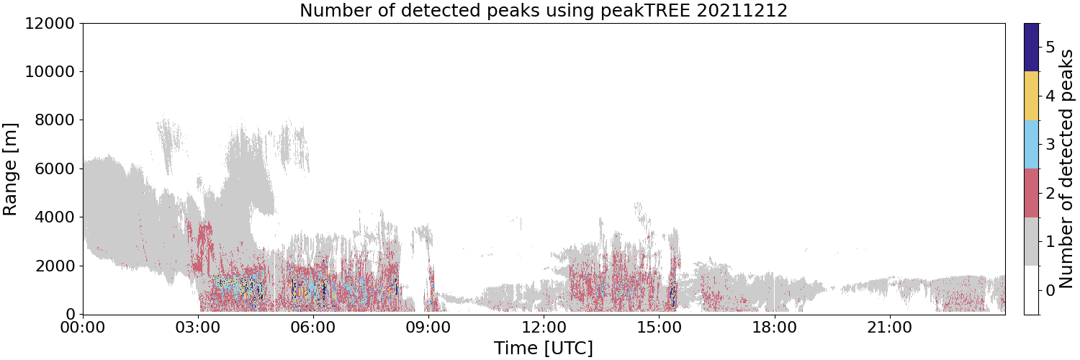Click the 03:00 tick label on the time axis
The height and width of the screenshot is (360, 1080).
[198, 328]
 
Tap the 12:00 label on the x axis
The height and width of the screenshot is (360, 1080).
[544, 328]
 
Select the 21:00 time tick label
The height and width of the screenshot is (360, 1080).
[889, 328]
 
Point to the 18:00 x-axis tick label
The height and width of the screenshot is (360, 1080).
[774, 328]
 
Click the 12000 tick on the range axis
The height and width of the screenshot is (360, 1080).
[50, 23]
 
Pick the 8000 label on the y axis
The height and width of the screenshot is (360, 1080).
[55, 120]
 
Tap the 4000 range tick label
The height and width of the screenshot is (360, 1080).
[55, 217]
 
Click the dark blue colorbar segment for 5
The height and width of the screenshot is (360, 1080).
[1031, 48]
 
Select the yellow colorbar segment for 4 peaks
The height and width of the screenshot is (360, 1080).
[1031, 96]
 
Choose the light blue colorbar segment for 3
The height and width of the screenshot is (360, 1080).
[1031, 145]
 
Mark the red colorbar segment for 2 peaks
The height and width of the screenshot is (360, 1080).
[1031, 193]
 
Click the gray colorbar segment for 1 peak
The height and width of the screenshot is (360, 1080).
[1031, 241]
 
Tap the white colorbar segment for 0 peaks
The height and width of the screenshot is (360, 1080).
[1031, 290]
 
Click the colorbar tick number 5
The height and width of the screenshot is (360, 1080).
[1050, 48]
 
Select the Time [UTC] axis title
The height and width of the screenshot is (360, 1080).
[544, 348]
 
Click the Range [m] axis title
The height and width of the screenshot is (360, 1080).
[10, 169]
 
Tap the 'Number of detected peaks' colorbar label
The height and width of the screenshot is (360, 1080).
[1067, 168]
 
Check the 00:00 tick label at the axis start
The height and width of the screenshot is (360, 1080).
[83, 328]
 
